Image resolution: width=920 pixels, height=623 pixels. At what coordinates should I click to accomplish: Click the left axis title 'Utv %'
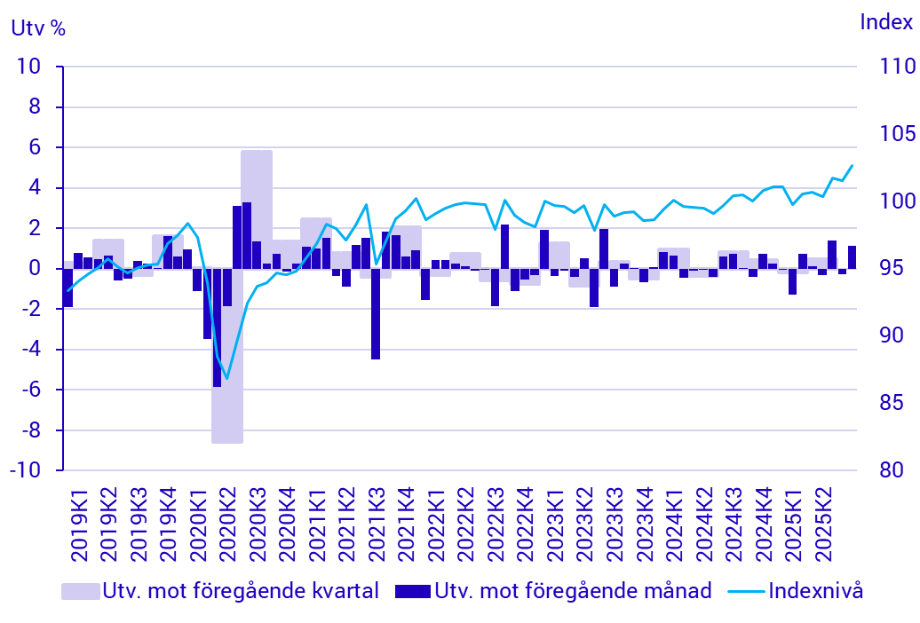38,27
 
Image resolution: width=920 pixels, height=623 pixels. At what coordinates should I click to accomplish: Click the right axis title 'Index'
885,23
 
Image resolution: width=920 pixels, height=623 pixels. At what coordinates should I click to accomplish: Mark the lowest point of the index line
226,379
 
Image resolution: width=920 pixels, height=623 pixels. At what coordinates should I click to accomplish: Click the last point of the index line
853,165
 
